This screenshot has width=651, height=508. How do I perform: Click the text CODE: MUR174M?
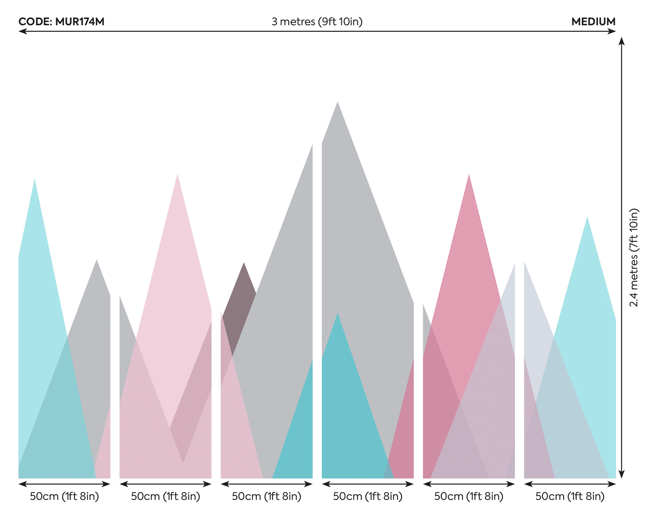tap(61, 22)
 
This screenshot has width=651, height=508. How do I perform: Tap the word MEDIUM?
tap(593, 22)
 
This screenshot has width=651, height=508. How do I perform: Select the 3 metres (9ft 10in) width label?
tap(317, 22)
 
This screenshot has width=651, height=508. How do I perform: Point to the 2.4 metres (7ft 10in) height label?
tap(634, 257)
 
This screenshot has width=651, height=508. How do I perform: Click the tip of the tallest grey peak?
tap(337, 102)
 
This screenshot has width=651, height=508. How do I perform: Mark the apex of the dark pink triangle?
tap(469, 175)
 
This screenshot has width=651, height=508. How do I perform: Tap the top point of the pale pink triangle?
tap(177, 175)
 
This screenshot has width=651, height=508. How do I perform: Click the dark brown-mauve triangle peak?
tap(244, 263)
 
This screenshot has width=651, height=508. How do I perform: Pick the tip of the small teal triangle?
tap(337, 314)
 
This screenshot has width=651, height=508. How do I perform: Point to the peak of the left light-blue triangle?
tap(35, 180)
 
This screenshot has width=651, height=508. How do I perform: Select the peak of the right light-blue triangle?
tap(587, 217)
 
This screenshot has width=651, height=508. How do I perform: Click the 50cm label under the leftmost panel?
tap(64, 496)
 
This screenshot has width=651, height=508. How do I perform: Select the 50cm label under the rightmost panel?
tap(570, 496)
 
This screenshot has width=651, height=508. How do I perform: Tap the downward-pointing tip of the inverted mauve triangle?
tap(183, 462)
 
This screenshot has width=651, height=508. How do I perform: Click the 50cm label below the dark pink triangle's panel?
tap(469, 496)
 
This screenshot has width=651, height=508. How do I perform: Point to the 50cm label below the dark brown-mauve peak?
tap(267, 496)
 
